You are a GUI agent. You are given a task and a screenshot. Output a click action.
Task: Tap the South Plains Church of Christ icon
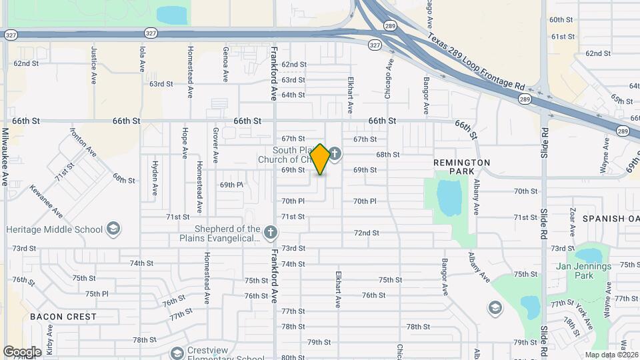click(x=335, y=155)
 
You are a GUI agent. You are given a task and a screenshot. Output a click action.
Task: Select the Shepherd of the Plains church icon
click(x=270, y=233)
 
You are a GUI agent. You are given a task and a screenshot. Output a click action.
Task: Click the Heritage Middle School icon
click(x=113, y=229)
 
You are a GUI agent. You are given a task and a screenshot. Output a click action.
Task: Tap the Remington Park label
click(x=461, y=167)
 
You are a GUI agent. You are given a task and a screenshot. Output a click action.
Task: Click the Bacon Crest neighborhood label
click(x=63, y=317)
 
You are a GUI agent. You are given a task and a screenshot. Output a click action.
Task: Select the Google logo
click(x=22, y=351)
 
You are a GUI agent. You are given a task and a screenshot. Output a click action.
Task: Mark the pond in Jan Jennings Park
click(x=588, y=255)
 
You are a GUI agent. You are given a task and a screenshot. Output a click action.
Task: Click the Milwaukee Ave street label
click(x=5, y=156)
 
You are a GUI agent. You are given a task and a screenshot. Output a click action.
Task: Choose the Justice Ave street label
click(x=93, y=64)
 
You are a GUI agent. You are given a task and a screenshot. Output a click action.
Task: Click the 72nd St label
click(x=366, y=233)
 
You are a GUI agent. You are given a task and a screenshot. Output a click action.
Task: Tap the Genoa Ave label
click(x=226, y=64)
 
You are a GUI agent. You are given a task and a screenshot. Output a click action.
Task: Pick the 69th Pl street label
click(x=231, y=185)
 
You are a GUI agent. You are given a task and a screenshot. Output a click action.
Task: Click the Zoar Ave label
click(x=572, y=221)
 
